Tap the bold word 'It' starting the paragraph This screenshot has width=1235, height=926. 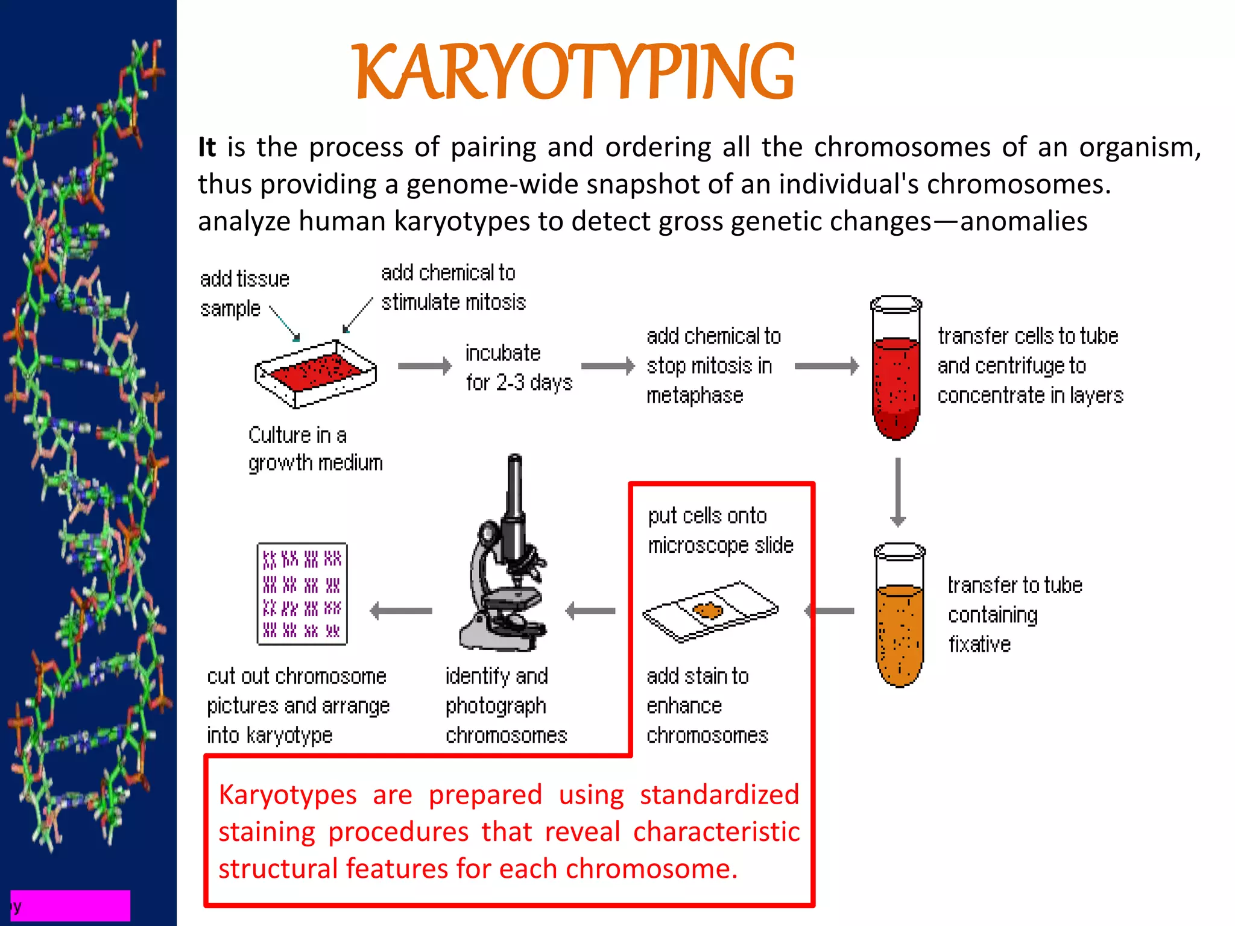[x=207, y=147]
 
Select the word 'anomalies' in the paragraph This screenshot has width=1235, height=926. [x=1023, y=221]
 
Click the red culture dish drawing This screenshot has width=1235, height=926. [x=315, y=373]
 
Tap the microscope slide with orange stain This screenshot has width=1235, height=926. [x=710, y=611]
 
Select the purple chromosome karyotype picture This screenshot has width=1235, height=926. [x=302, y=594]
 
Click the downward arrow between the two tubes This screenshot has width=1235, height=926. [x=898, y=491]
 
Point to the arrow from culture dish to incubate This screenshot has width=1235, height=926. [x=425, y=366]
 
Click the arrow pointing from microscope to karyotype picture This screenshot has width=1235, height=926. [x=401, y=611]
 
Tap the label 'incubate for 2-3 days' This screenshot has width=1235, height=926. [x=518, y=368]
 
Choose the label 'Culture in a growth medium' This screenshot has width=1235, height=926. [x=315, y=449]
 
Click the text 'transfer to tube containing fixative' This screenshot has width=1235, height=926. [x=1014, y=614]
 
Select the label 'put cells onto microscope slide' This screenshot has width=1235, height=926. [x=720, y=531]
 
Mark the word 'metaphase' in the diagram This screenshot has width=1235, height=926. [x=695, y=396]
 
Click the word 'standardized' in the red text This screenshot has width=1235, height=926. [x=719, y=795]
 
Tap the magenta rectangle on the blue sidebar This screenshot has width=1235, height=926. [x=71, y=905]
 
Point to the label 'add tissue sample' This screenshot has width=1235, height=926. [x=244, y=294]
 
